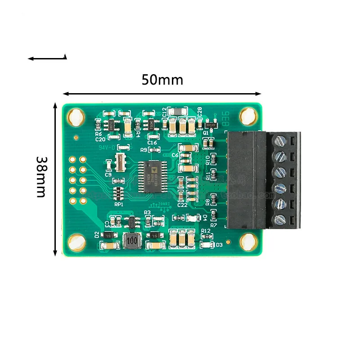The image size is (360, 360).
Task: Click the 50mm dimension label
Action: [162, 80]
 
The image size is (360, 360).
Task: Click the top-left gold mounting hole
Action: [76, 116]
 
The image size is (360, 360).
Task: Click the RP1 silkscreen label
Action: [119, 204]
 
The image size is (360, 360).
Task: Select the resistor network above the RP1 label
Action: [118, 193]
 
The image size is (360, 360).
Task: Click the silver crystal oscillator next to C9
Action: [121, 162]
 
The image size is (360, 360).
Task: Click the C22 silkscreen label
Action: [182, 205]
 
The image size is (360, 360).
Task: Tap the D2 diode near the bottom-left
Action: [108, 235]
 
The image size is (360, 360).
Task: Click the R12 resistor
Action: [207, 237]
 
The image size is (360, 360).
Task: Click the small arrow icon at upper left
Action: [47, 58]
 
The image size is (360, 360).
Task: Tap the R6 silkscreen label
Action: [99, 134]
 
